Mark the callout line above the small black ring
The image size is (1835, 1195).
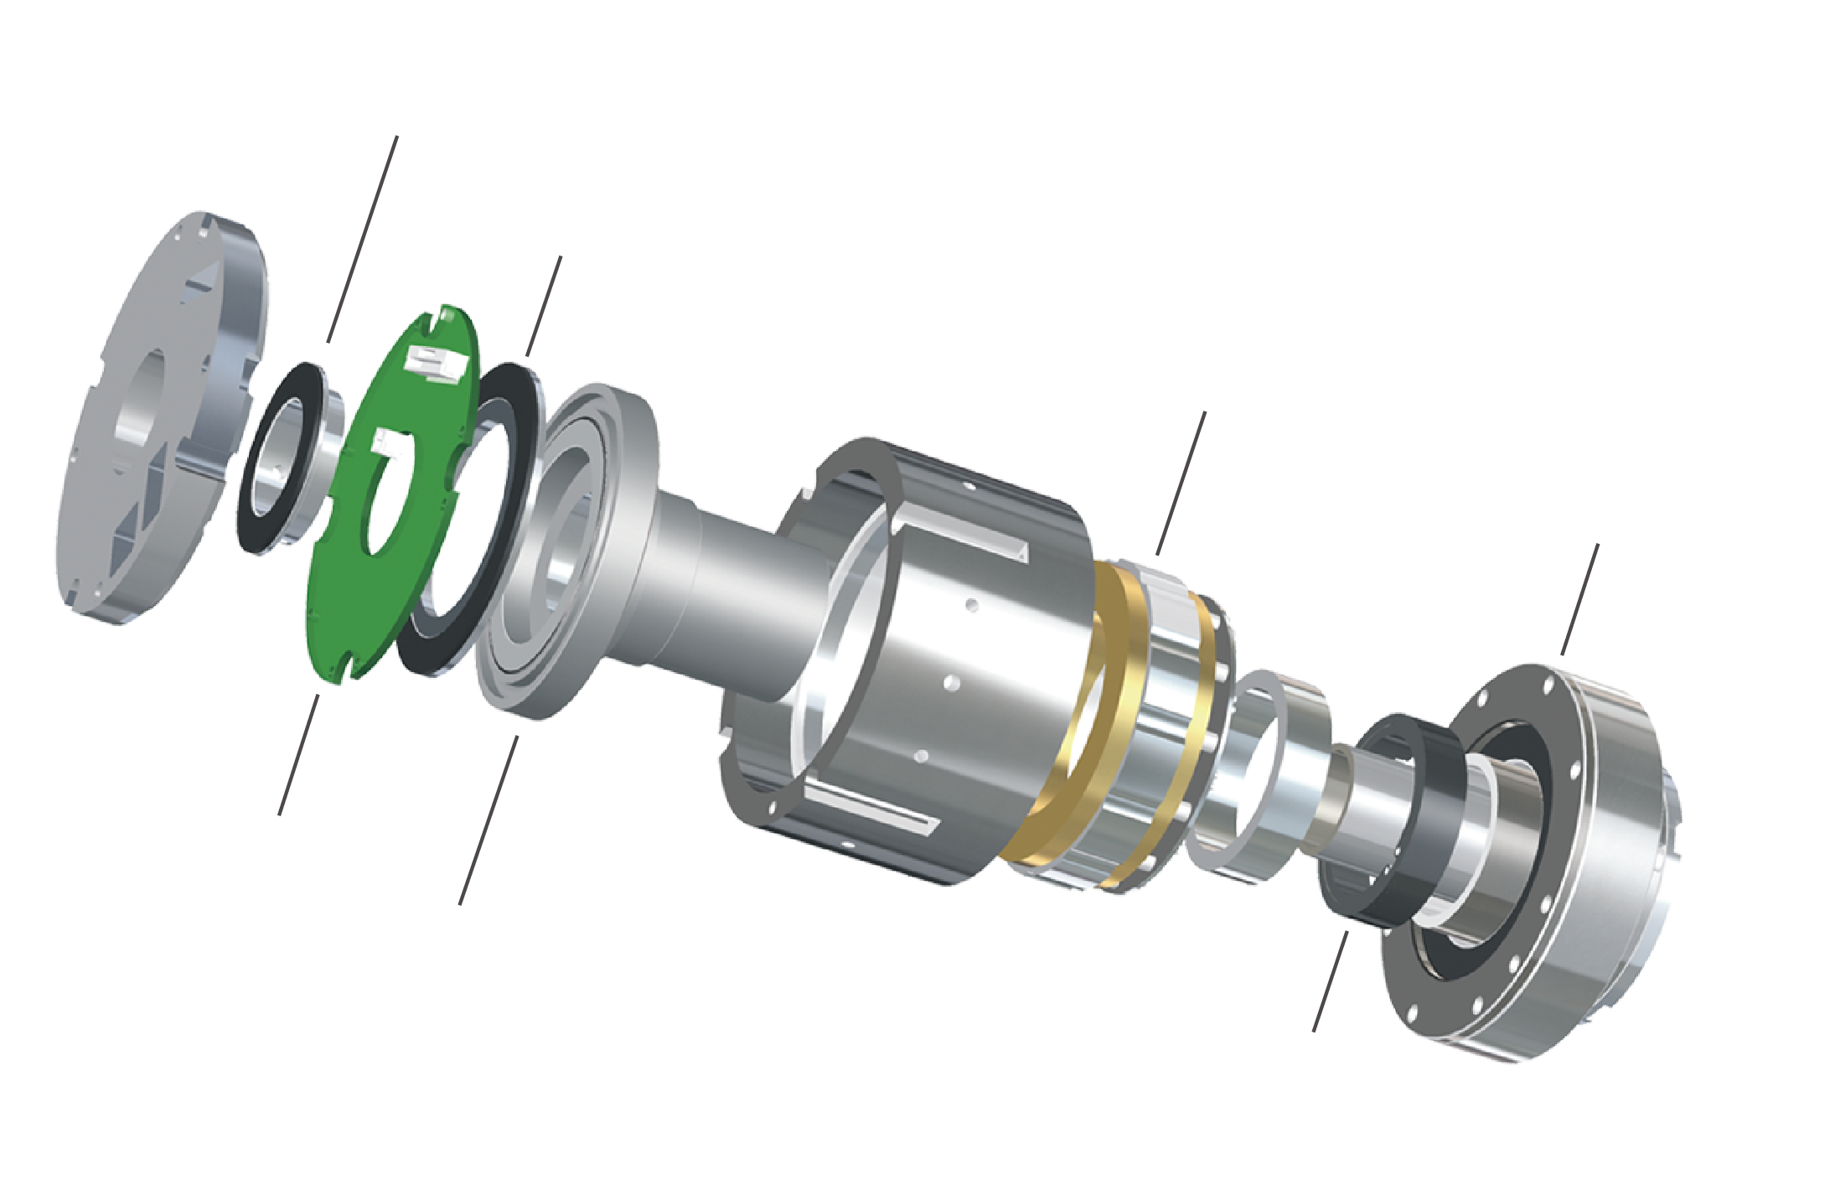click(x=362, y=239)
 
